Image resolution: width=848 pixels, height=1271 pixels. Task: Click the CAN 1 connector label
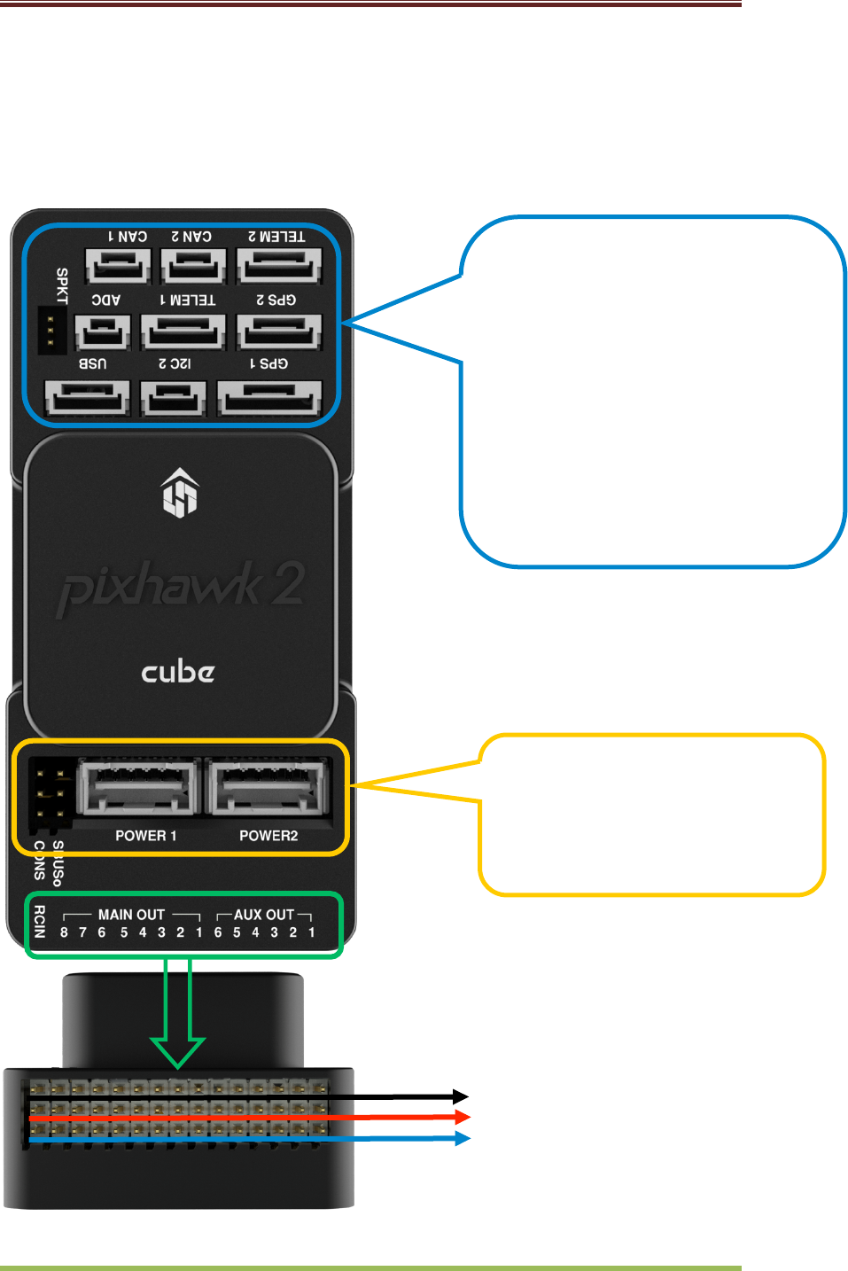(128, 237)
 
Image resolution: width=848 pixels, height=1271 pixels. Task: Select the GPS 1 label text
(269, 363)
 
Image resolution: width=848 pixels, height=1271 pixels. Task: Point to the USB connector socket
(88, 398)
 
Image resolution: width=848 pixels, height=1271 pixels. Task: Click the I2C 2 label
(175, 363)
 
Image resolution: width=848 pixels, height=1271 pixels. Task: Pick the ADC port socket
(103, 333)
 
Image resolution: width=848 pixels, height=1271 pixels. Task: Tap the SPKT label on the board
(62, 285)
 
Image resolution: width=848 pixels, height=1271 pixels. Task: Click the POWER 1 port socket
(138, 787)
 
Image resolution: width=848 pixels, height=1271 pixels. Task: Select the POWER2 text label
(268, 836)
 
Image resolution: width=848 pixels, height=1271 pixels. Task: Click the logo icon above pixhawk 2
(180, 492)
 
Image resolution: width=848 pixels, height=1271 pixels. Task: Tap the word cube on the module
(178, 672)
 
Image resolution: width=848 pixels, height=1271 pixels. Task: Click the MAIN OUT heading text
(131, 915)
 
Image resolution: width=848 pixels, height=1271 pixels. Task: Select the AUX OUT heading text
(264, 915)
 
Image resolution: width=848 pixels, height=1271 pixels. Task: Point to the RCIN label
(39, 922)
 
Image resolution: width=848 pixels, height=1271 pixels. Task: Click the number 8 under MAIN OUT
(64, 932)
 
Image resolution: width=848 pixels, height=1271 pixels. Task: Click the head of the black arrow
(461, 1097)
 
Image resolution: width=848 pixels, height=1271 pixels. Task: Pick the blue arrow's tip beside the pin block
(462, 1138)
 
